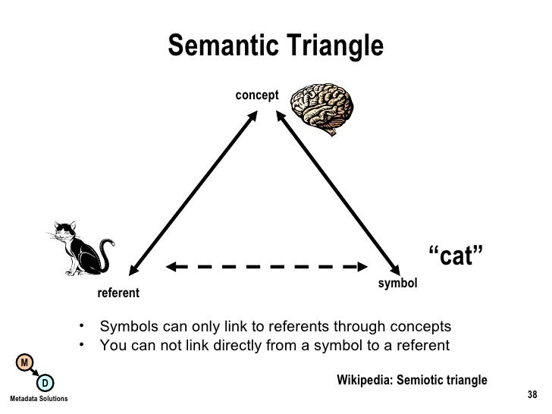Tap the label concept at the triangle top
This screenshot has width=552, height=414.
(257, 95)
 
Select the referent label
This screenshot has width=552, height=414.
(118, 293)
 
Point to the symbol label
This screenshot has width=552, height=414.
(397, 283)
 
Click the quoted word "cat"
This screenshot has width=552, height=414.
(456, 257)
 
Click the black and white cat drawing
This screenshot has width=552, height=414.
(80, 246)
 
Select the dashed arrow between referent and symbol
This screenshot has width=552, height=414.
(262, 266)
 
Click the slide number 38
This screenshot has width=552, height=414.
(532, 394)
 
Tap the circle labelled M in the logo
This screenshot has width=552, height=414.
(24, 363)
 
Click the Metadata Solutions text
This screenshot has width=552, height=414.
(38, 399)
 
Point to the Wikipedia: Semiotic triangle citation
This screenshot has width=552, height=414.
(412, 380)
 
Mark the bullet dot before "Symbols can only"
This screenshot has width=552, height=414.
(80, 327)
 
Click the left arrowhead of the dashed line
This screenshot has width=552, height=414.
(172, 266)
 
